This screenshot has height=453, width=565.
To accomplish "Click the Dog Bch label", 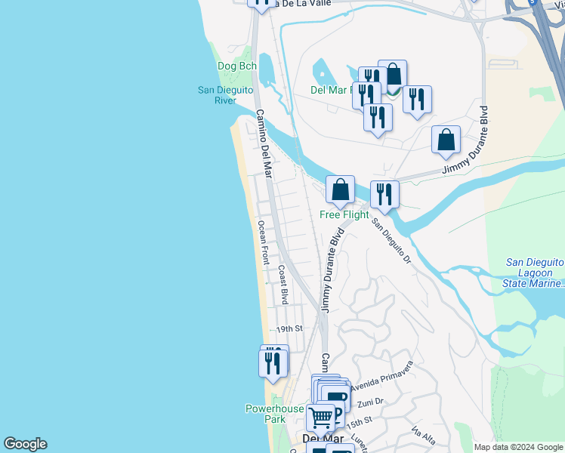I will (x=237, y=66).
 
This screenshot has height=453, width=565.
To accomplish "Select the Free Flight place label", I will (x=344, y=214).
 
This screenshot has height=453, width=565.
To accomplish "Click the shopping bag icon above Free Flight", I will (x=340, y=190).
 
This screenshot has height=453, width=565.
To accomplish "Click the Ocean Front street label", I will (x=263, y=242).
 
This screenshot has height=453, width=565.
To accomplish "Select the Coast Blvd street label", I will (x=283, y=284).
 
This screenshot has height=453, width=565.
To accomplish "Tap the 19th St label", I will (x=289, y=329).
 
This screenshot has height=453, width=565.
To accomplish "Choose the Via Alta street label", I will (x=424, y=437).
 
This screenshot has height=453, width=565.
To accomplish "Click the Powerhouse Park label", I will (x=274, y=414).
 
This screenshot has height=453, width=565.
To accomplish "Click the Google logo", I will (x=25, y=444).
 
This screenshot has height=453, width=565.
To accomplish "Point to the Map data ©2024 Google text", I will (x=518, y=447).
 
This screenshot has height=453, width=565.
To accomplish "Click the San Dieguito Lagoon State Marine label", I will (x=534, y=273).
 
